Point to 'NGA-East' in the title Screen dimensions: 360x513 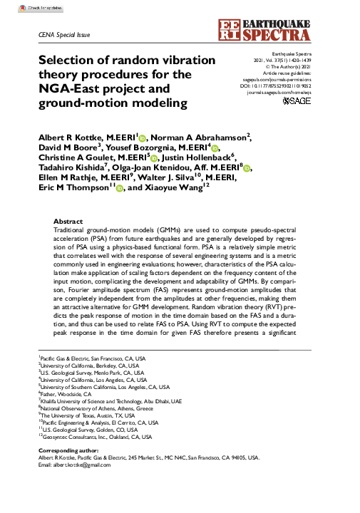tap(71, 89)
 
